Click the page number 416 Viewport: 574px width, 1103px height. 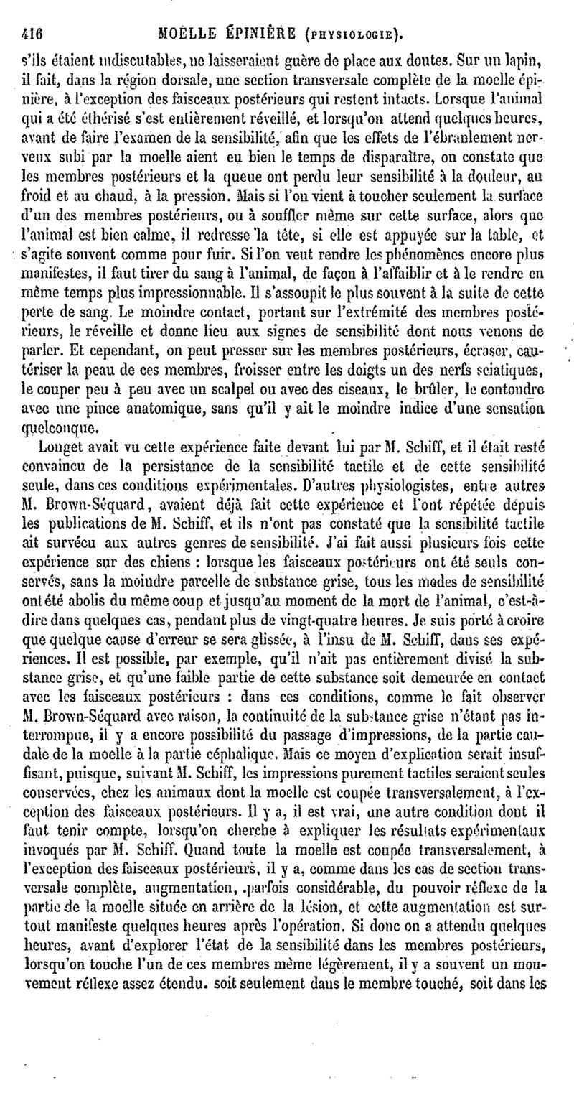coord(34,32)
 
